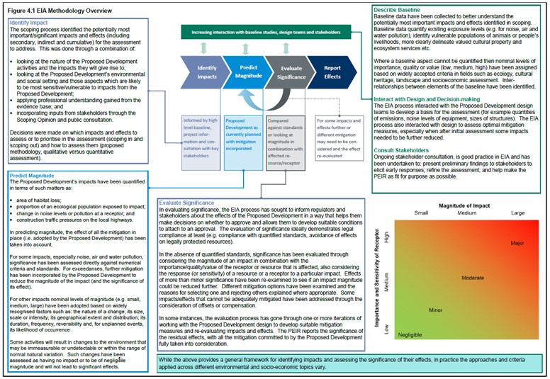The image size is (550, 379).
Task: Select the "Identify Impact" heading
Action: [29, 23]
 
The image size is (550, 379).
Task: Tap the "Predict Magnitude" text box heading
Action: [33, 174]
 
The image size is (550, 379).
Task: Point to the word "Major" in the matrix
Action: [517, 243]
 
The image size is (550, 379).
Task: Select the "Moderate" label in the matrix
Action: [473, 278]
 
